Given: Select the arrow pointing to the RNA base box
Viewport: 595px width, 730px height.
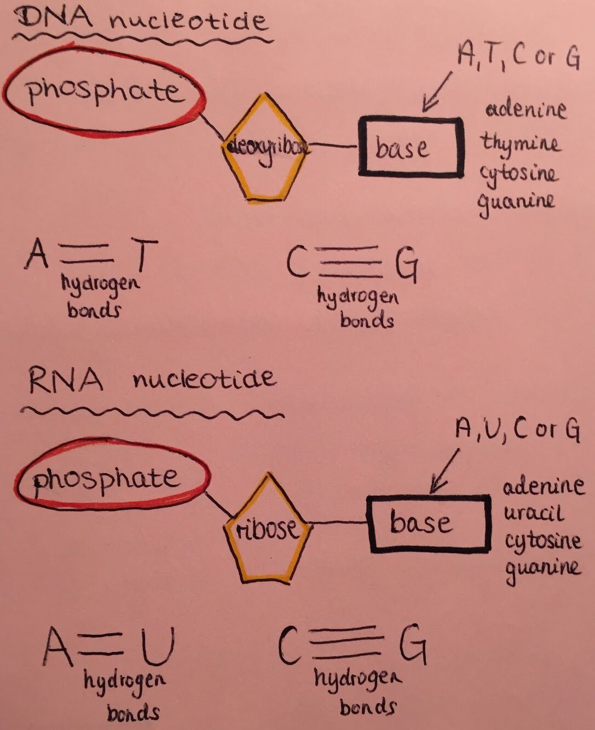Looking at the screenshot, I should [x=446, y=470].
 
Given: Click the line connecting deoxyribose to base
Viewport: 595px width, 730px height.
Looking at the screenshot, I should [x=333, y=146].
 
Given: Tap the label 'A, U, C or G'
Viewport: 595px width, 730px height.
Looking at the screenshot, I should [x=517, y=430].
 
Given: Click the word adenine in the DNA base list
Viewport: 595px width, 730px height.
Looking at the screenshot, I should [x=525, y=109].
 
